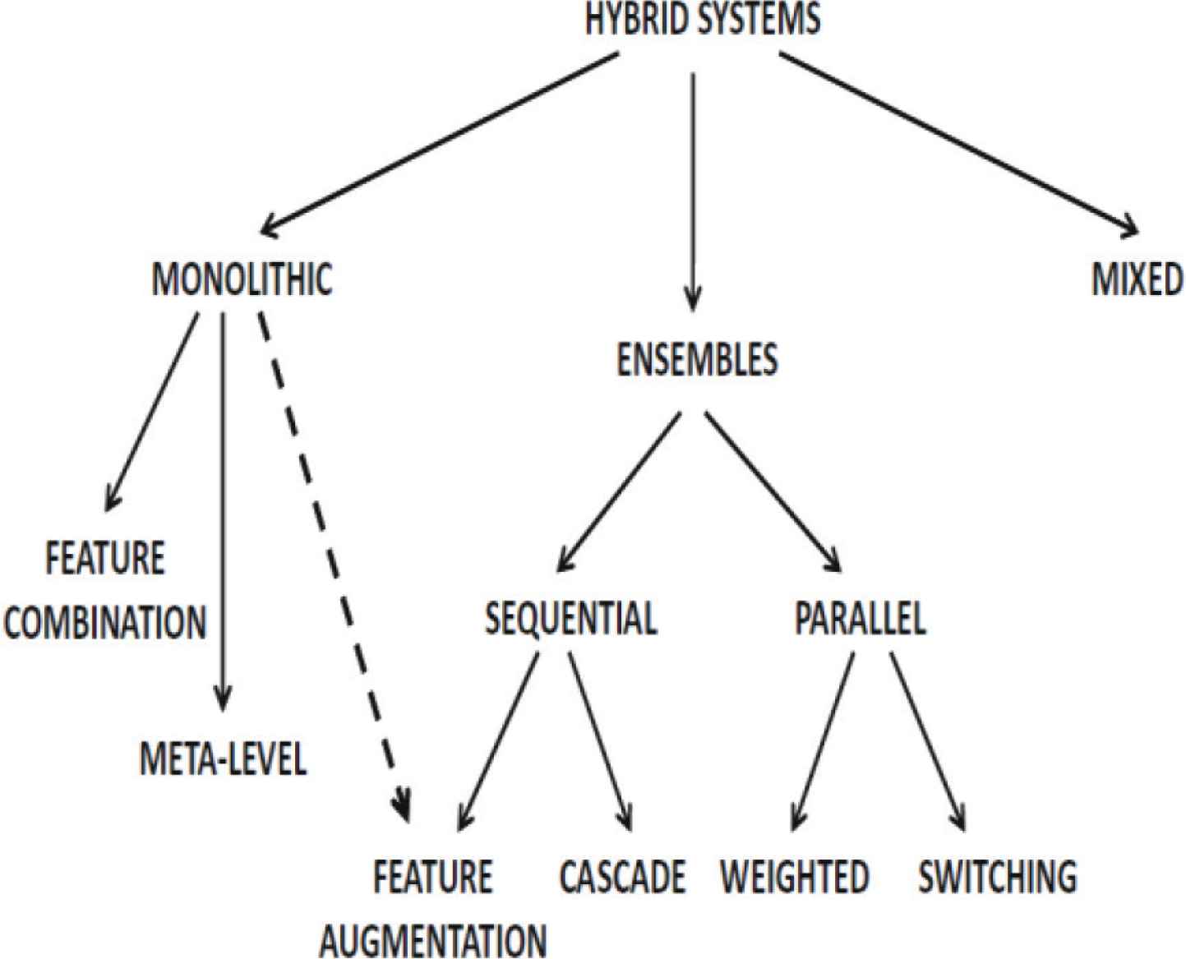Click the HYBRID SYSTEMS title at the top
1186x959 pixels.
tap(702, 19)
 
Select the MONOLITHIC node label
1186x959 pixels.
tap(242, 279)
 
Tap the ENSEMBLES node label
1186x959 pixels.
tap(697, 360)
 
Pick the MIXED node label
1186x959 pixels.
tap(1137, 279)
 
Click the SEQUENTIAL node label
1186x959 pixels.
tap(570, 618)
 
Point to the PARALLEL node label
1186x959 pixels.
tap(860, 618)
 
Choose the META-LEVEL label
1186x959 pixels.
tap(223, 758)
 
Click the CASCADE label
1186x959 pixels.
tap(622, 877)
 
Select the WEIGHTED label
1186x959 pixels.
tap(795, 877)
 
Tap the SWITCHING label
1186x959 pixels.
tap(997, 877)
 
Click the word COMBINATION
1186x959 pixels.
tap(104, 622)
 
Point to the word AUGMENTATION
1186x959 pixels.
tap(433, 939)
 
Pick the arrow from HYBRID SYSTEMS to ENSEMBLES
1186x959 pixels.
tap(694, 189)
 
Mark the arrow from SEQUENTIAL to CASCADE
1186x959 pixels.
tap(600, 740)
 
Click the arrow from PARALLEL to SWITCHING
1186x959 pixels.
tap(927, 740)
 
